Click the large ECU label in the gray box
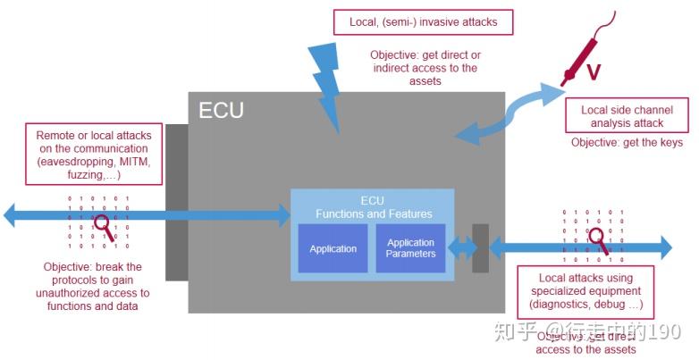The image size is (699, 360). click(x=221, y=112)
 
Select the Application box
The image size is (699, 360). click(x=333, y=248)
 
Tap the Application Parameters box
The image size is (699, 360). click(x=410, y=248)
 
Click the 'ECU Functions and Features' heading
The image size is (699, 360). click(x=372, y=207)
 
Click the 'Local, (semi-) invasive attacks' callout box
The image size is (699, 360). click(x=424, y=21)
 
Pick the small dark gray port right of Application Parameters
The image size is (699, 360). click(x=480, y=247)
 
